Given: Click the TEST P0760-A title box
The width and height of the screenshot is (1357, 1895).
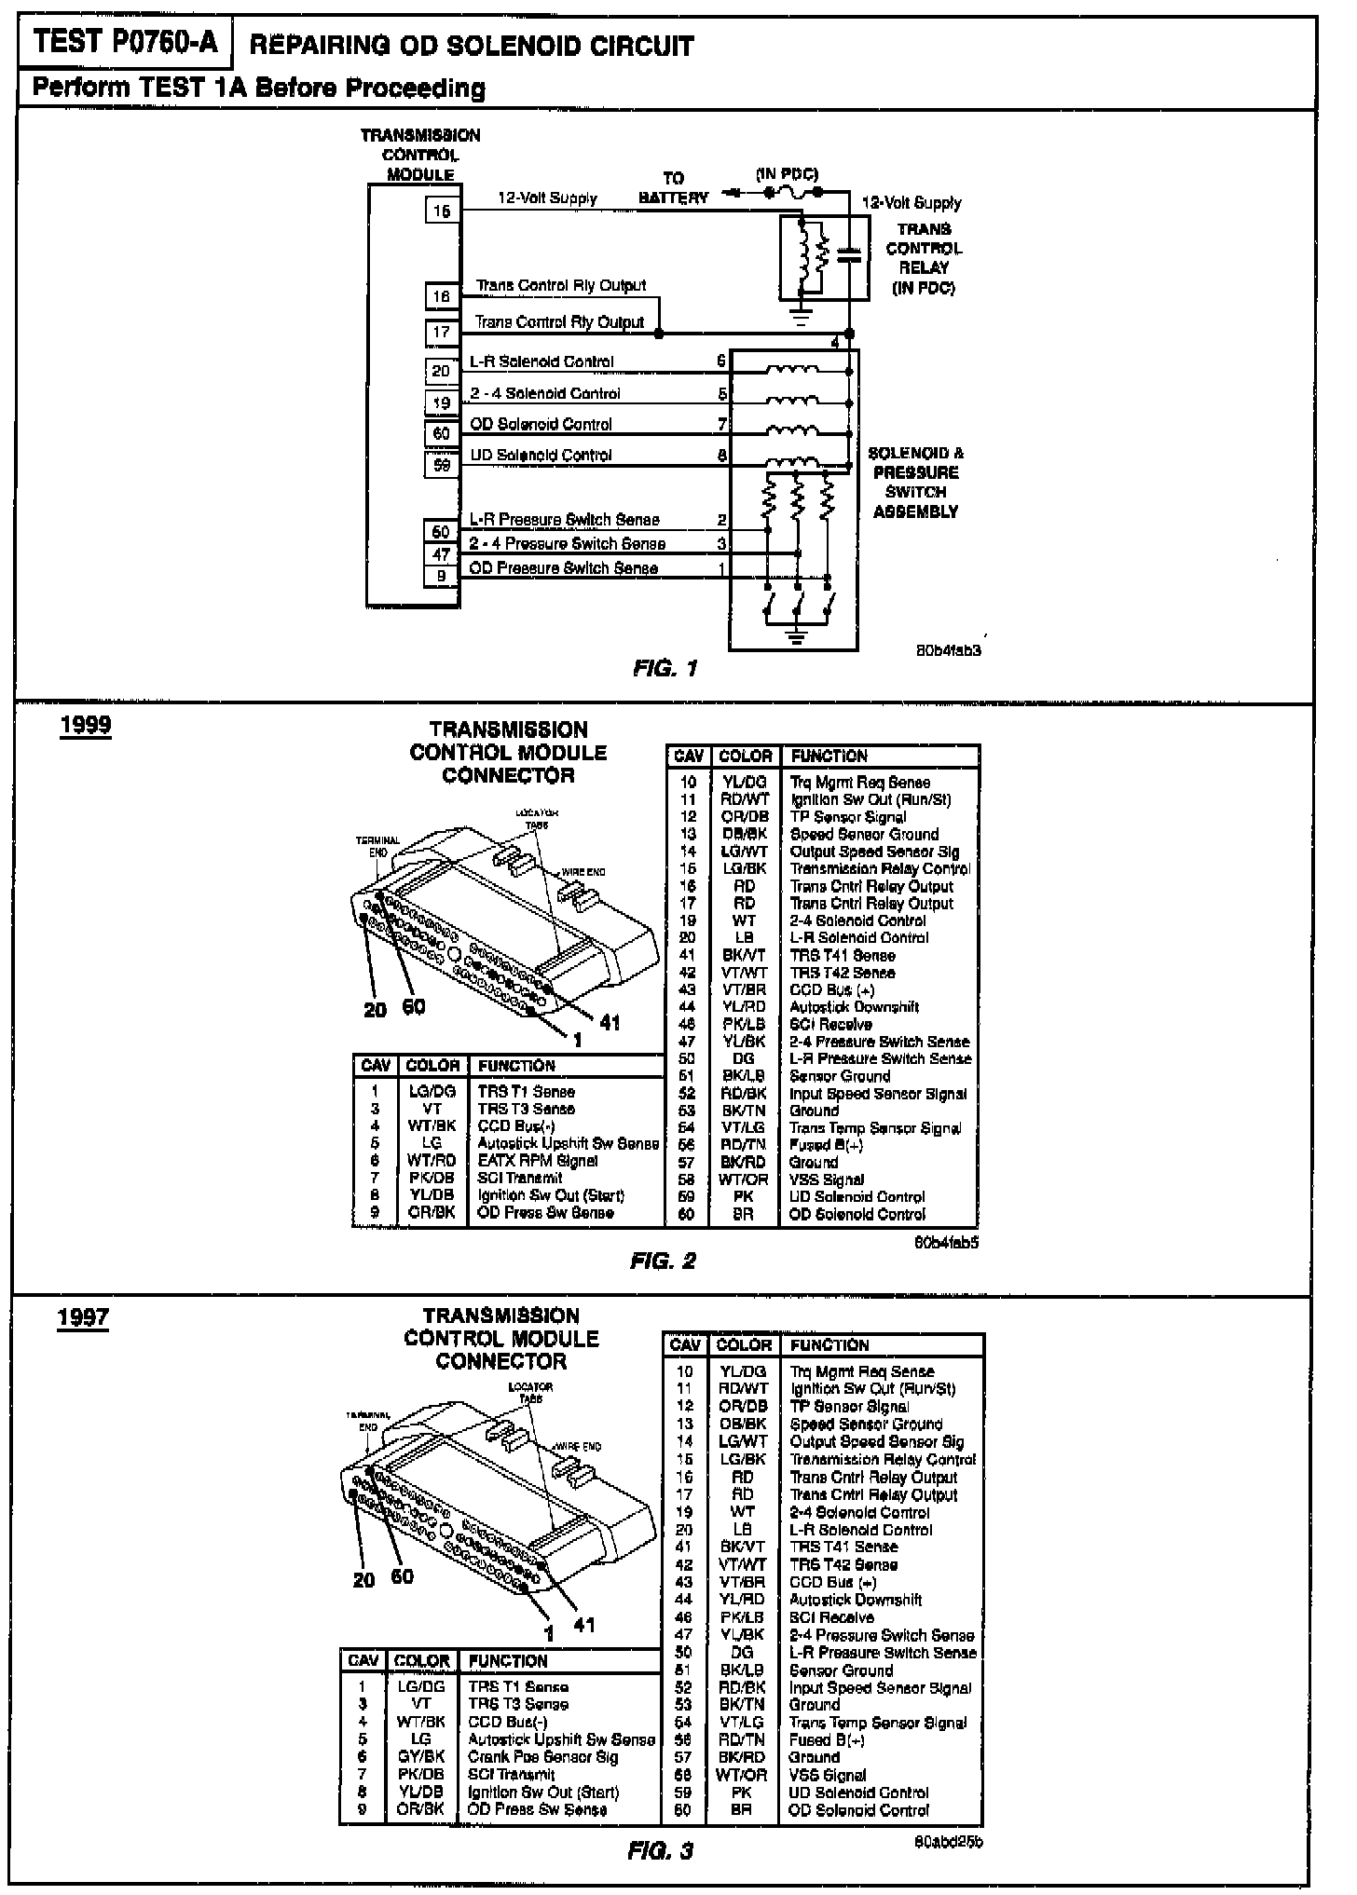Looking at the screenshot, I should click(125, 43).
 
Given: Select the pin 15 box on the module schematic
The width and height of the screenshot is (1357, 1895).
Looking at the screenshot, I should click(441, 211).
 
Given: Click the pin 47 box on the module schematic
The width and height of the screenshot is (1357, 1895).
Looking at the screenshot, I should click(441, 554).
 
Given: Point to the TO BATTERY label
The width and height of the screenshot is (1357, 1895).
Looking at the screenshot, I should click(673, 187).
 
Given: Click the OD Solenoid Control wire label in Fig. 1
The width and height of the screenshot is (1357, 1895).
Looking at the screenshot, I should click(541, 424).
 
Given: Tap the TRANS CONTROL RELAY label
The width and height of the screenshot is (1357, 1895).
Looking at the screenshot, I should click(924, 258).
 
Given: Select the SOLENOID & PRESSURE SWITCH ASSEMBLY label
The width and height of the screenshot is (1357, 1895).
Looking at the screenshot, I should click(915, 482).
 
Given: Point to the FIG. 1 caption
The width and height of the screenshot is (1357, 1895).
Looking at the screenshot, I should click(665, 668).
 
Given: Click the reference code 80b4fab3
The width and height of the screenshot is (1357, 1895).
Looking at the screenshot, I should click(949, 650).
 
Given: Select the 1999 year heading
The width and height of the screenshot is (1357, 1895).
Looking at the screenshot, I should click(85, 726).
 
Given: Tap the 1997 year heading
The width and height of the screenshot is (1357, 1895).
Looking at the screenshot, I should click(83, 1317).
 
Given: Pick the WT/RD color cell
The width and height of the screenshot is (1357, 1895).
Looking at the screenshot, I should click(432, 1160).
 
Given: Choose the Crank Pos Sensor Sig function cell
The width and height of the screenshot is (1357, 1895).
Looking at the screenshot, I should click(542, 1756).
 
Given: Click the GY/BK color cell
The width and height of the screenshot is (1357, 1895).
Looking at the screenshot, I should click(421, 1756).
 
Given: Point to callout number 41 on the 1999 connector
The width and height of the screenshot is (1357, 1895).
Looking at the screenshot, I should click(610, 1022).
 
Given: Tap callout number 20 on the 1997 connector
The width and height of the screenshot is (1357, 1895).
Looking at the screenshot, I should click(363, 1579).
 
